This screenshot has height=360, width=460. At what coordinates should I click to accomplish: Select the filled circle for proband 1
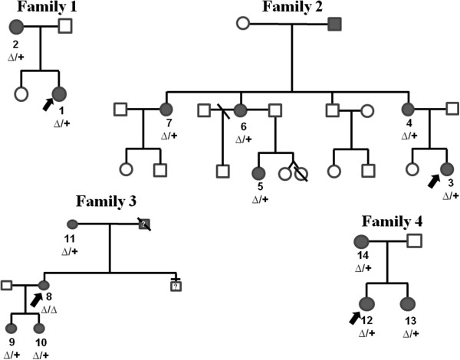coord(59,95)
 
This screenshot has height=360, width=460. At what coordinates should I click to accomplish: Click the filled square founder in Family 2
coord(334,24)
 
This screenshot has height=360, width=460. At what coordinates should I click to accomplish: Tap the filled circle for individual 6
coord(241,110)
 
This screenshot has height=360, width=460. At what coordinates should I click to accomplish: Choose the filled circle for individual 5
coord(260,172)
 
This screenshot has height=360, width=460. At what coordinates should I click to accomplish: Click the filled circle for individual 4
coord(409,109)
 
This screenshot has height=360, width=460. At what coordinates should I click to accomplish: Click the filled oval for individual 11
coord(72,224)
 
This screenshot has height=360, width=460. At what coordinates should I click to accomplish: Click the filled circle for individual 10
coord(39,329)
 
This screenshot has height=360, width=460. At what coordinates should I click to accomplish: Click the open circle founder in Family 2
coord(246,24)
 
